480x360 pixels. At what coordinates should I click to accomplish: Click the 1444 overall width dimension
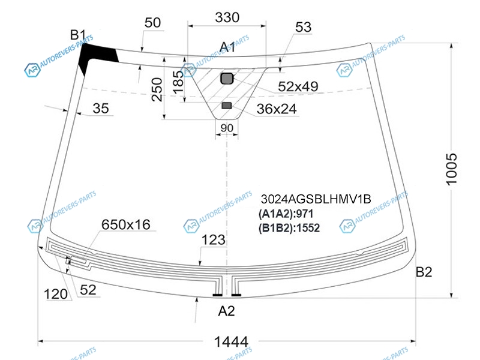[231, 341]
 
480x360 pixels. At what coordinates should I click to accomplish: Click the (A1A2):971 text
[286, 214]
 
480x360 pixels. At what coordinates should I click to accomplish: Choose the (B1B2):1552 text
[289, 227]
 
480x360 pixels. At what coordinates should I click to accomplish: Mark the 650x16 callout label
[125, 224]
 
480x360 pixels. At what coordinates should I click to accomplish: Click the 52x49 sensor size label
[297, 87]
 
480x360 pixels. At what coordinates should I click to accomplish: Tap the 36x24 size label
[277, 110]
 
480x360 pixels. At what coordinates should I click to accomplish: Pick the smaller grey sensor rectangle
[226, 106]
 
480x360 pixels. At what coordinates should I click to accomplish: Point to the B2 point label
[424, 272]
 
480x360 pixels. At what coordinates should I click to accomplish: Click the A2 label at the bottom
[226, 311]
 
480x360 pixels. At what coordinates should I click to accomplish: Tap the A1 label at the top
[227, 47]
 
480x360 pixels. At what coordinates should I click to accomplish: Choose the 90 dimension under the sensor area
[227, 128]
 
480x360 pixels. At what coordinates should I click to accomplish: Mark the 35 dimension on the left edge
[101, 109]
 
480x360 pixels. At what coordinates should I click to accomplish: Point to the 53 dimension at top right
[304, 27]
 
